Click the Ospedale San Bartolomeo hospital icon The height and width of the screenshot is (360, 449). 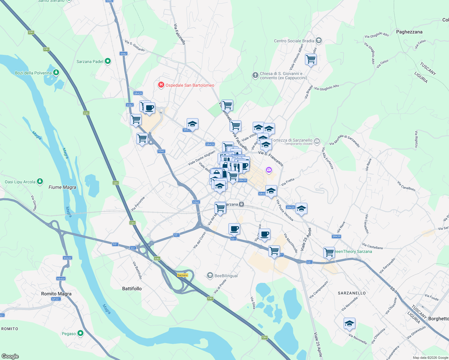pos(161,85)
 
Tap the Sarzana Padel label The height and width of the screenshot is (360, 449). pos(90,61)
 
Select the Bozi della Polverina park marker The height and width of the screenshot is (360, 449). pos(56,73)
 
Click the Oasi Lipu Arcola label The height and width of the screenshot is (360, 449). pos(20,182)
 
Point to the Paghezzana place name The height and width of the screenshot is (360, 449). pos(409,32)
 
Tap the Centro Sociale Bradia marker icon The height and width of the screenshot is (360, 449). pos(319,40)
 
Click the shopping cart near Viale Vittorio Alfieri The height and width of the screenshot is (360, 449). pos(311,59)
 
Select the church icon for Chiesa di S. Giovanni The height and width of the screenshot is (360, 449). pos(255,75)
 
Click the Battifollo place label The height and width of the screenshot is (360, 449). pos(132,289)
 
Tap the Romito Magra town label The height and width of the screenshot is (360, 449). pos(56,294)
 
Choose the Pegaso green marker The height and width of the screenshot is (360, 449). pos(80,333)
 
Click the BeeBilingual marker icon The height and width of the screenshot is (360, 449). pos(210,275)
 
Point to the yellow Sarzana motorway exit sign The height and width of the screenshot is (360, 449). pos(182,275)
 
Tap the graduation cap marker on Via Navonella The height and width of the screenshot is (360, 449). pos(349,323)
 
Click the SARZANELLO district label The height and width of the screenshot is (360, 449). pos(352,293)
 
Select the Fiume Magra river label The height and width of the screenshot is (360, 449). pos(62,187)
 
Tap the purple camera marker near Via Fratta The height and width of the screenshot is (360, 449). pos(269,170)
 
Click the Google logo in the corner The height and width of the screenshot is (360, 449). pos(10,356)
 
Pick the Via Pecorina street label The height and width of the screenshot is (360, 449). pos(138,204)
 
